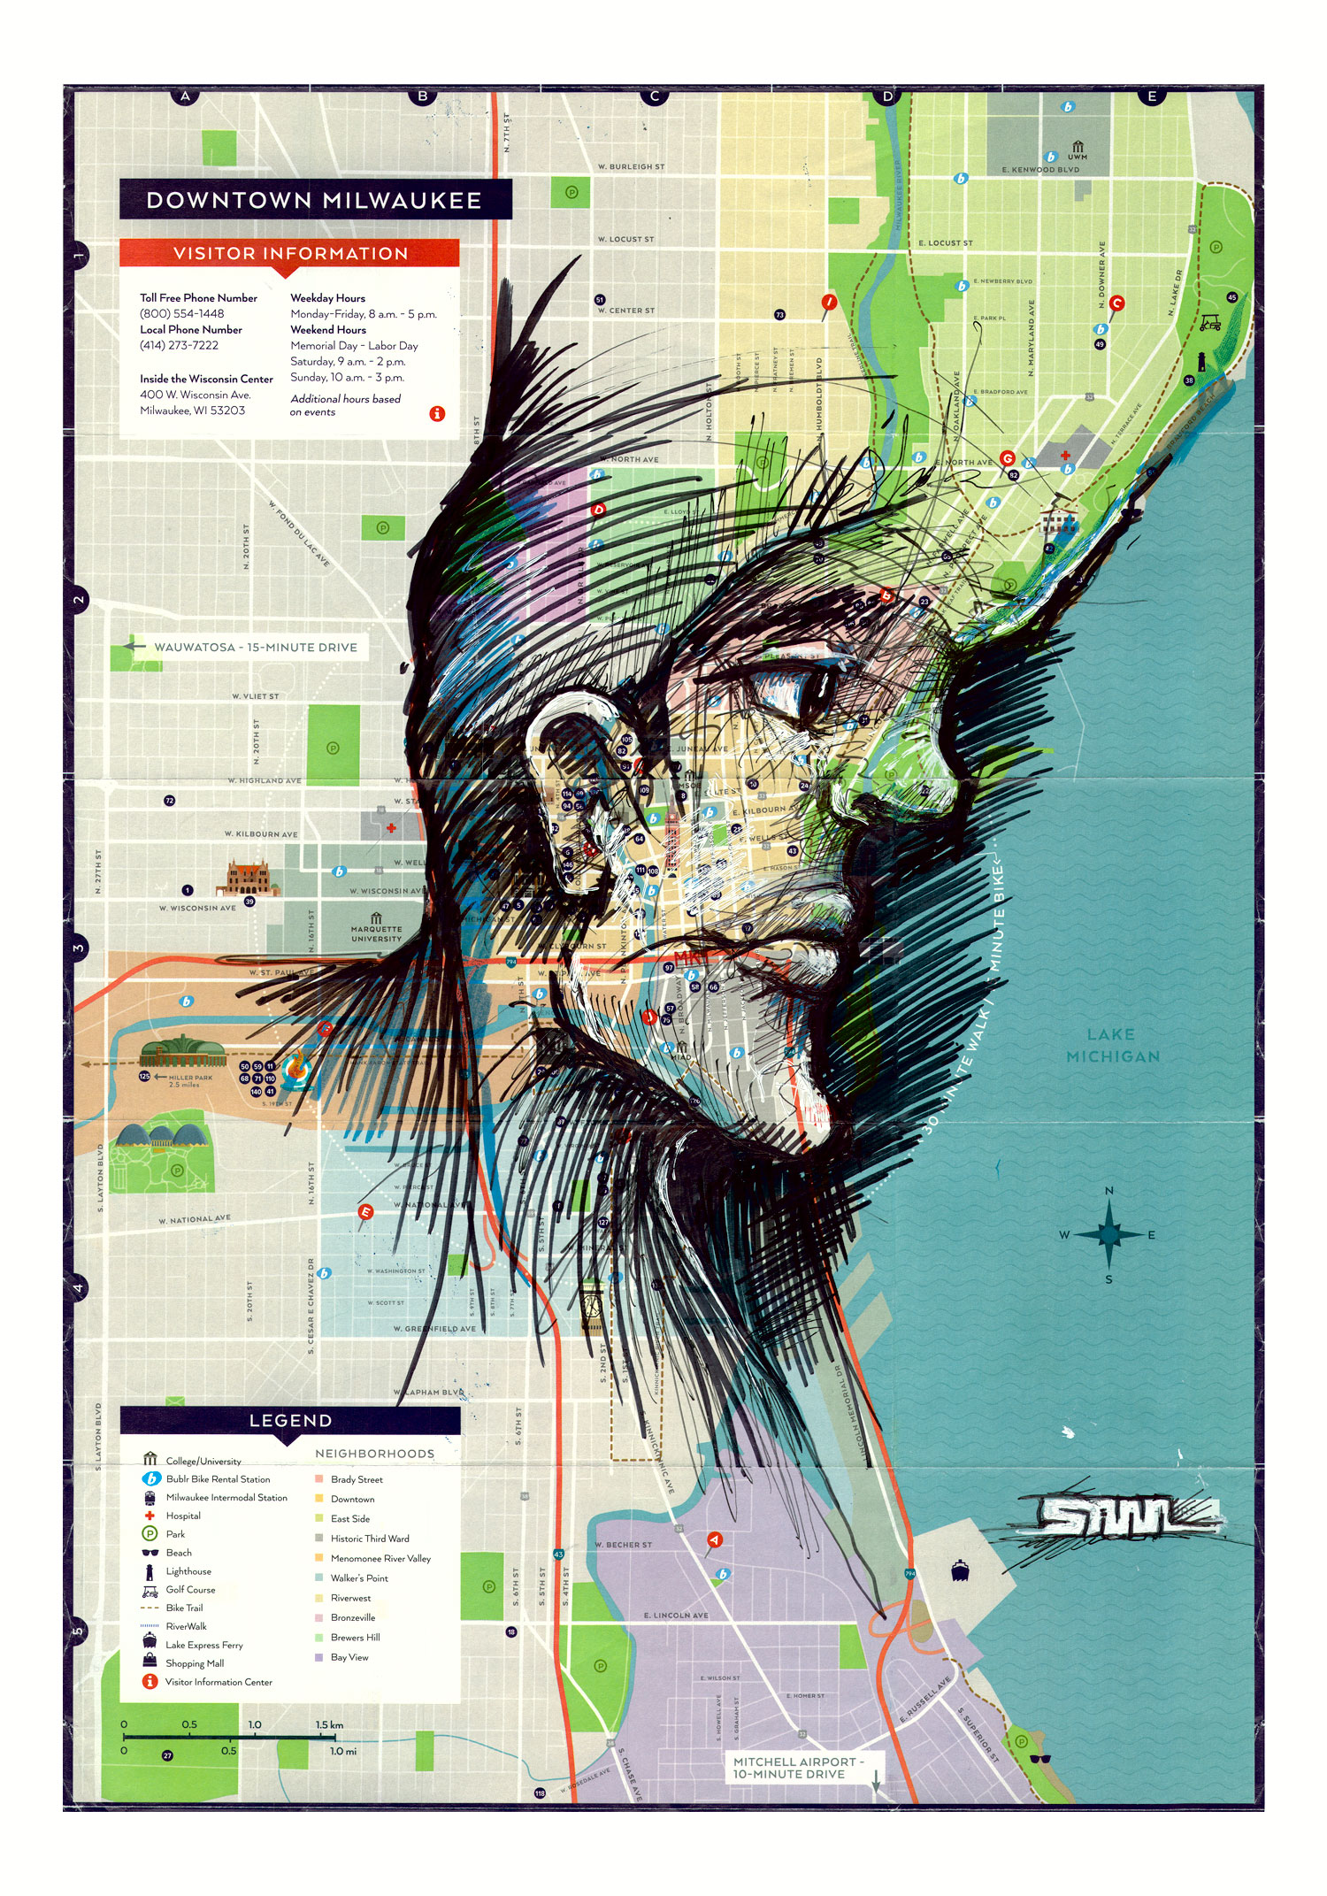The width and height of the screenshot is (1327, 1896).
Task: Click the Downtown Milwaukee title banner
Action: pos(315,200)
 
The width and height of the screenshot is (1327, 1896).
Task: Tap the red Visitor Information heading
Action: pos(290,254)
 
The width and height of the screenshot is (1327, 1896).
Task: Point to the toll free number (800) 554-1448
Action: pos(181,314)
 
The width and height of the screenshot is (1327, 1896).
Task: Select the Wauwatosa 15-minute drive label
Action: pos(255,648)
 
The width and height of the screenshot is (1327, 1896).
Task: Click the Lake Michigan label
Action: pos(1112,1045)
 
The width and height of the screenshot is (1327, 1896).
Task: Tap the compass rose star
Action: pos(1109,1234)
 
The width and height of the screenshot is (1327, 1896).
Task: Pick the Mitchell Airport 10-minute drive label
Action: pos(794,1768)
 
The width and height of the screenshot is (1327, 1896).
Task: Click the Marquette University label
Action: pos(376,933)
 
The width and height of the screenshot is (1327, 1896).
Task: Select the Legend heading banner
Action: pos(290,1420)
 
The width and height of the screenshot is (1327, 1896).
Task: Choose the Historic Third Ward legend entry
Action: pos(370,1539)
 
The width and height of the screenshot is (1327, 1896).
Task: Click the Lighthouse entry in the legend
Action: pos(188,1571)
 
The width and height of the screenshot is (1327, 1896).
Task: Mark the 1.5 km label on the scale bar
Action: pos(329,1724)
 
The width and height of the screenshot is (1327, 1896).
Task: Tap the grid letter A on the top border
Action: pos(185,96)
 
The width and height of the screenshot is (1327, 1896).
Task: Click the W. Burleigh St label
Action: pos(631,166)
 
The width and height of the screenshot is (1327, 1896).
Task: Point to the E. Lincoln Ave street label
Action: pos(676,1615)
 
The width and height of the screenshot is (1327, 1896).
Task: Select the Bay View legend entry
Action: pos(349,1657)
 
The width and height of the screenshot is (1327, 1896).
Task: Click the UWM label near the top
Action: pos(1077,157)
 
